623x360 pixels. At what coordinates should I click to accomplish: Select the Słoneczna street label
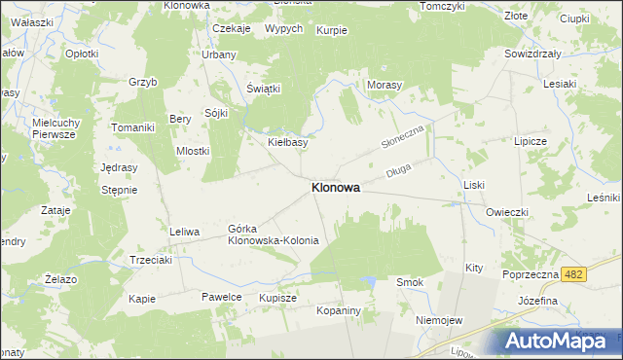(403, 136)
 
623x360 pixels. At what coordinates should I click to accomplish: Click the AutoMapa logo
(557, 341)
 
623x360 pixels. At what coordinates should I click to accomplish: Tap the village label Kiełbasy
(288, 142)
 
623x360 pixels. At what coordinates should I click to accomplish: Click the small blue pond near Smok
(369, 282)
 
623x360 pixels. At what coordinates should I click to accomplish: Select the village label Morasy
(385, 86)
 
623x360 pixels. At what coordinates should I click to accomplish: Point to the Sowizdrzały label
(532, 54)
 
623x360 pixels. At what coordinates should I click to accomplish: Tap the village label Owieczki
(507, 211)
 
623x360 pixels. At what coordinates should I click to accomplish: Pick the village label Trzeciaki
(151, 260)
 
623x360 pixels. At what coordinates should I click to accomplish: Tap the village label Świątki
(263, 89)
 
